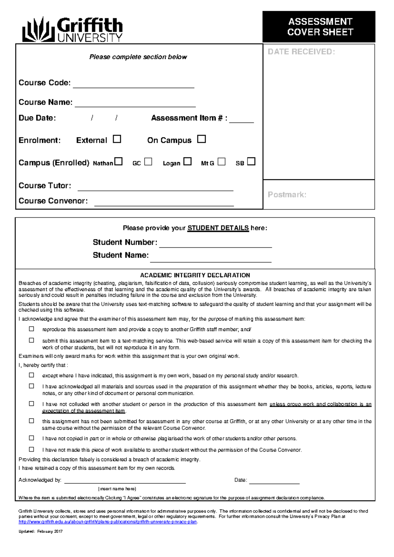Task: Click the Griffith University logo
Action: [73, 30]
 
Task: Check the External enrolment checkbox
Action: [117, 139]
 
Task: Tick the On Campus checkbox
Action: [202, 139]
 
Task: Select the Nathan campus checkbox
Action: [119, 162]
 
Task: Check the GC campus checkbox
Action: [148, 162]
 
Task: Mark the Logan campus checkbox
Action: [187, 162]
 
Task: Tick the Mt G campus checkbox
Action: [222, 162]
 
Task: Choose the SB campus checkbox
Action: [251, 162]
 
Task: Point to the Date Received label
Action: [301, 52]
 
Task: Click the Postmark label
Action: [287, 195]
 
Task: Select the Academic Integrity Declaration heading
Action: [195, 275]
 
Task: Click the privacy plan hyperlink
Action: [108, 522]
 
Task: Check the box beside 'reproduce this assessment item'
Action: [32, 329]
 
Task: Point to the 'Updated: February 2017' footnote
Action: [41, 531]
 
